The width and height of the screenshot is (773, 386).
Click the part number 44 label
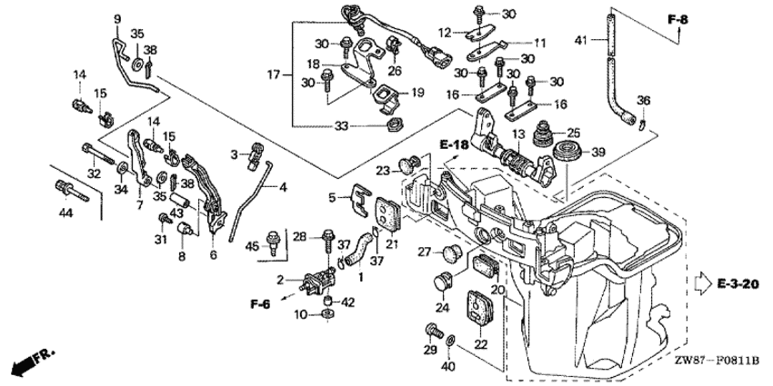65,213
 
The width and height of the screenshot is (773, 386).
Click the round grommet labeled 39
569,148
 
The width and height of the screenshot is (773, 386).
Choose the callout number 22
481,346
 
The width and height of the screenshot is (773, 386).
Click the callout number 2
281,280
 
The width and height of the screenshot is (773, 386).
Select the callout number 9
116,19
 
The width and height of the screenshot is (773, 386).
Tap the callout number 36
643,100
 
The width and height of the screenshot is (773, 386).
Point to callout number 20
497,288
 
